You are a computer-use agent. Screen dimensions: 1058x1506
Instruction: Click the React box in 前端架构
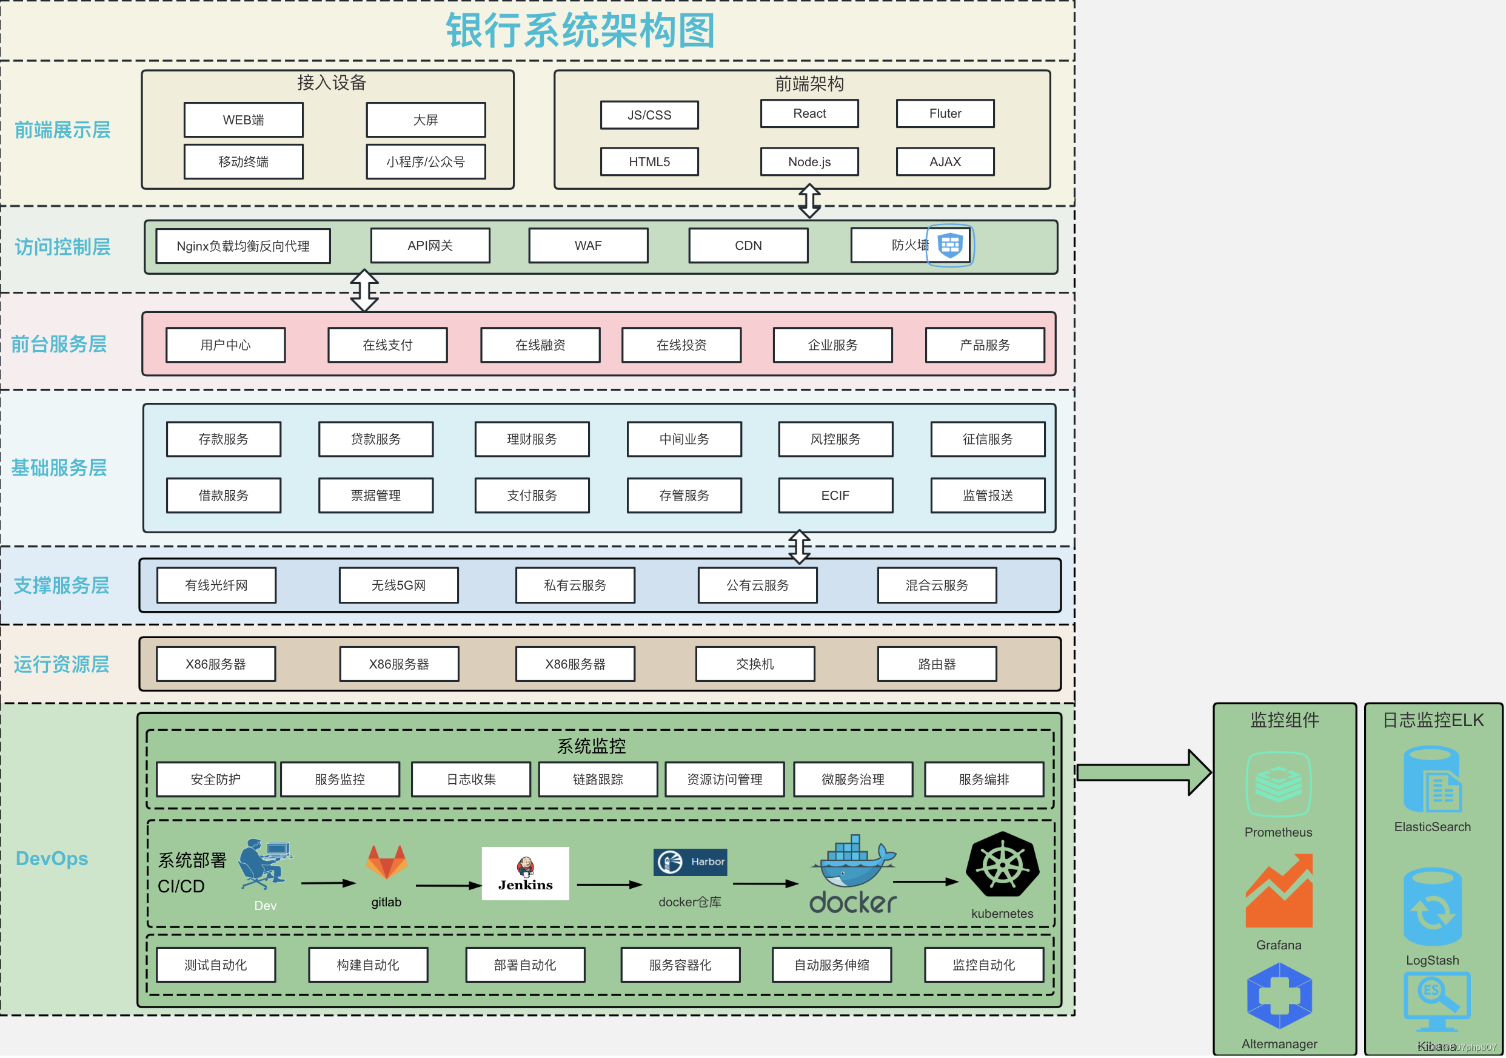(809, 113)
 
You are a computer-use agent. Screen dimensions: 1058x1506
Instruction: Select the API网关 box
(430, 246)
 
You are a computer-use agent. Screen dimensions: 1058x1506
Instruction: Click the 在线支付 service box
(387, 345)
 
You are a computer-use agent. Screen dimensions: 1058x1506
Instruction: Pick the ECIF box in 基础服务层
(835, 495)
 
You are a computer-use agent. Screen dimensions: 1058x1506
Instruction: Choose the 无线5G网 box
(398, 585)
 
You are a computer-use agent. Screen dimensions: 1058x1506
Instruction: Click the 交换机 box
(754, 664)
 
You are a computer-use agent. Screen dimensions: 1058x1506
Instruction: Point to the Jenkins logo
(525, 873)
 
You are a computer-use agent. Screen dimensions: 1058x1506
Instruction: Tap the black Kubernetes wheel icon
(1002, 865)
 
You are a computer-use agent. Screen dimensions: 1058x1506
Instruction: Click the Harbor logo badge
(690, 862)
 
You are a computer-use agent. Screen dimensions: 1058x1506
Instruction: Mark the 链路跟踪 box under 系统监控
(598, 779)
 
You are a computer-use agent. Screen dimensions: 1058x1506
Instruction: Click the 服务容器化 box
(680, 964)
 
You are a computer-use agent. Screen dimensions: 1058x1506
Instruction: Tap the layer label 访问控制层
(62, 247)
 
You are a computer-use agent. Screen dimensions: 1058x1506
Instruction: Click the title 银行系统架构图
(580, 31)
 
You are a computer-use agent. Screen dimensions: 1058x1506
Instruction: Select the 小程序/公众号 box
(426, 161)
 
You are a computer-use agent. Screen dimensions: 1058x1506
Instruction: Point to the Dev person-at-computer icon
(264, 863)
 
